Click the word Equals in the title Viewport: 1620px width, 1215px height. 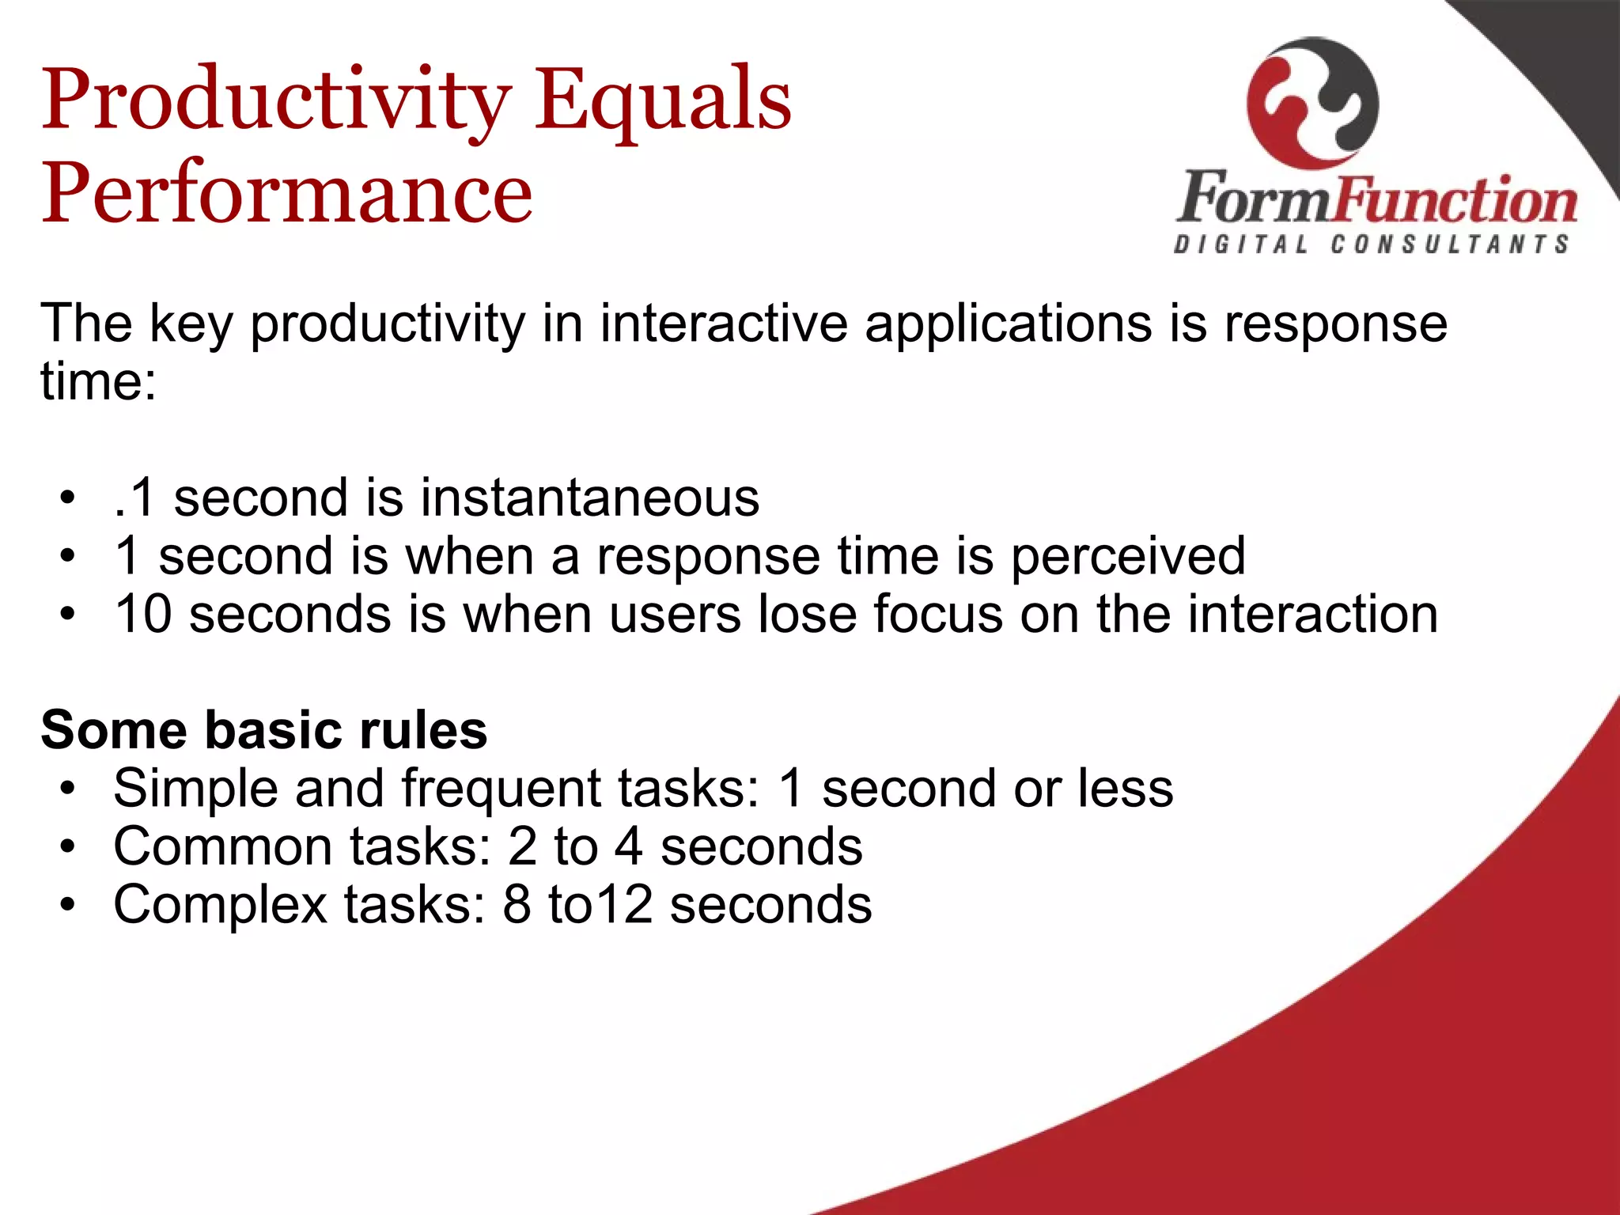click(663, 101)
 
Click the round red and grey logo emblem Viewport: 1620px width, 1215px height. click(1312, 103)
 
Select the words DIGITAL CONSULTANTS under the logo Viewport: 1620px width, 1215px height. click(1372, 244)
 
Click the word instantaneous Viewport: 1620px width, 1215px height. click(589, 498)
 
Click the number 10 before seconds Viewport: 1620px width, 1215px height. click(143, 614)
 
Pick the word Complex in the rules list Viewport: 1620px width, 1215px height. click(220, 905)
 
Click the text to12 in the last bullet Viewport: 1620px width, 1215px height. click(600, 905)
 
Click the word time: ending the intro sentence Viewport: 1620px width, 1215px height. click(98, 382)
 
